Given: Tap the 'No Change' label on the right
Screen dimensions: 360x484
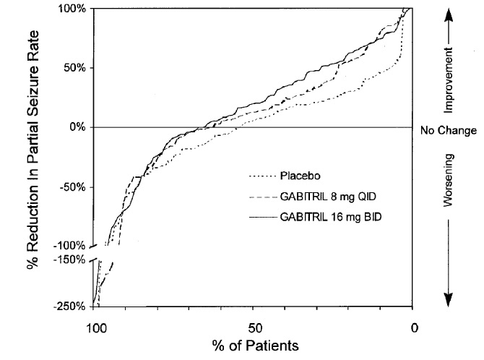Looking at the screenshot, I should coord(448,132).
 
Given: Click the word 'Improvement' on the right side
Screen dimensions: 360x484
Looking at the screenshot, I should coord(448,80).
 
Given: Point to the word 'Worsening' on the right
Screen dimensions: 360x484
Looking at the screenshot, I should coord(448,179).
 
